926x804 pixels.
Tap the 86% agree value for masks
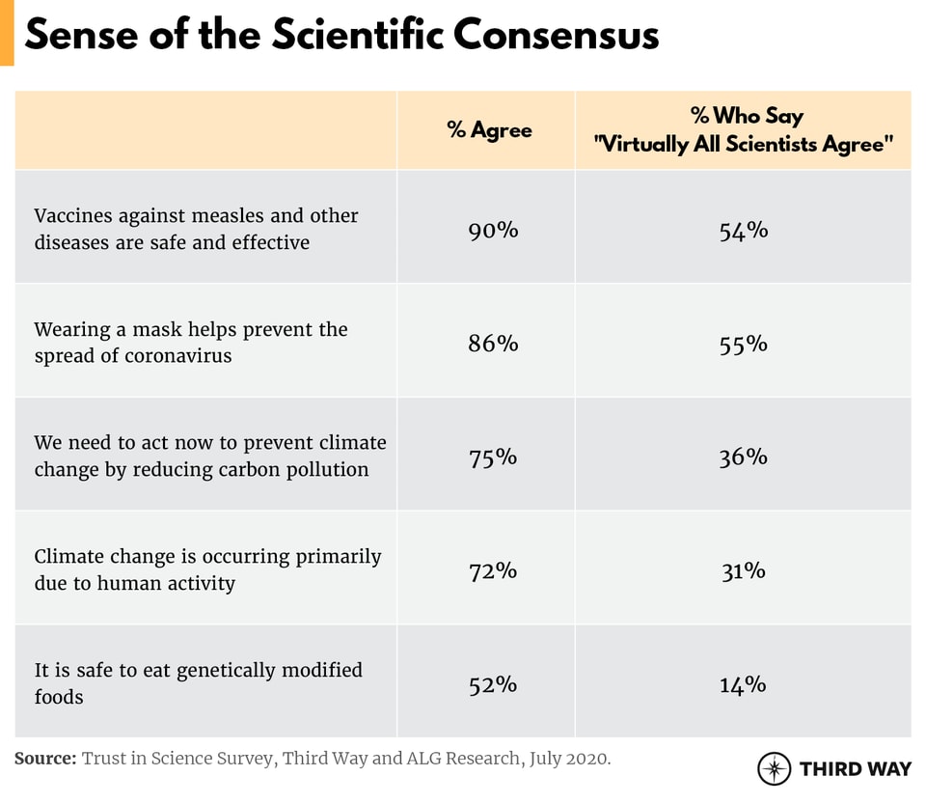click(493, 343)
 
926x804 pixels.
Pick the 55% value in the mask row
click(743, 343)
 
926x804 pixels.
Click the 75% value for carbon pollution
click(493, 457)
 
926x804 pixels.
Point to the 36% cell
click(743, 457)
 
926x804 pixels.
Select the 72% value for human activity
click(493, 570)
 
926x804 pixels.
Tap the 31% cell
click(743, 570)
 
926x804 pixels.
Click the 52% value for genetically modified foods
click(493, 684)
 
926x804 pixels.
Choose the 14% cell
click(743, 684)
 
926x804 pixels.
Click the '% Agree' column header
click(489, 130)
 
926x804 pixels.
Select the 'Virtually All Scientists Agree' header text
click(744, 145)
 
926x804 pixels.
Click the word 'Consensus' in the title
click(557, 35)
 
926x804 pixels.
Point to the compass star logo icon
click(774, 768)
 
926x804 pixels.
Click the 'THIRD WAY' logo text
click(855, 769)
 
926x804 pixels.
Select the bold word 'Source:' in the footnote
click(45, 759)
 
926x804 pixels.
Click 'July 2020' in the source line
click(568, 759)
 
